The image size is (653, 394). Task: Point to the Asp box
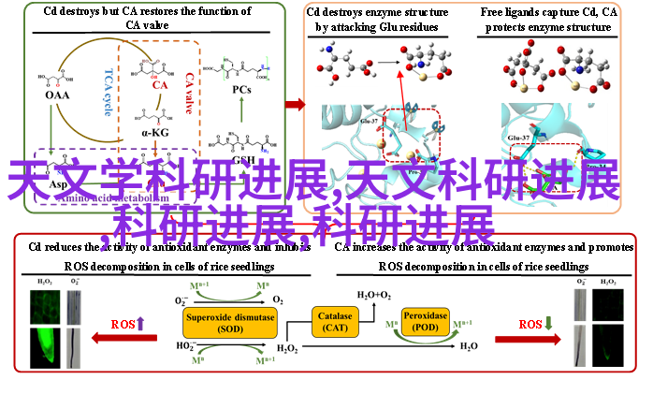click(x=58, y=184)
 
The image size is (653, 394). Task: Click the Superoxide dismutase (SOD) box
click(x=229, y=323)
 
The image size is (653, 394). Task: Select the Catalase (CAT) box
click(x=334, y=323)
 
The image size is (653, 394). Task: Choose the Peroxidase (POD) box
click(x=426, y=321)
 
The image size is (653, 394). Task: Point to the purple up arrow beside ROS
click(x=141, y=324)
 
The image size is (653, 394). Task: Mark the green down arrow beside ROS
click(x=549, y=324)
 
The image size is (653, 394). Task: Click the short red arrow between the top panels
click(x=295, y=105)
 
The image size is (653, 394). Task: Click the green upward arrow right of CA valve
click(x=241, y=108)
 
